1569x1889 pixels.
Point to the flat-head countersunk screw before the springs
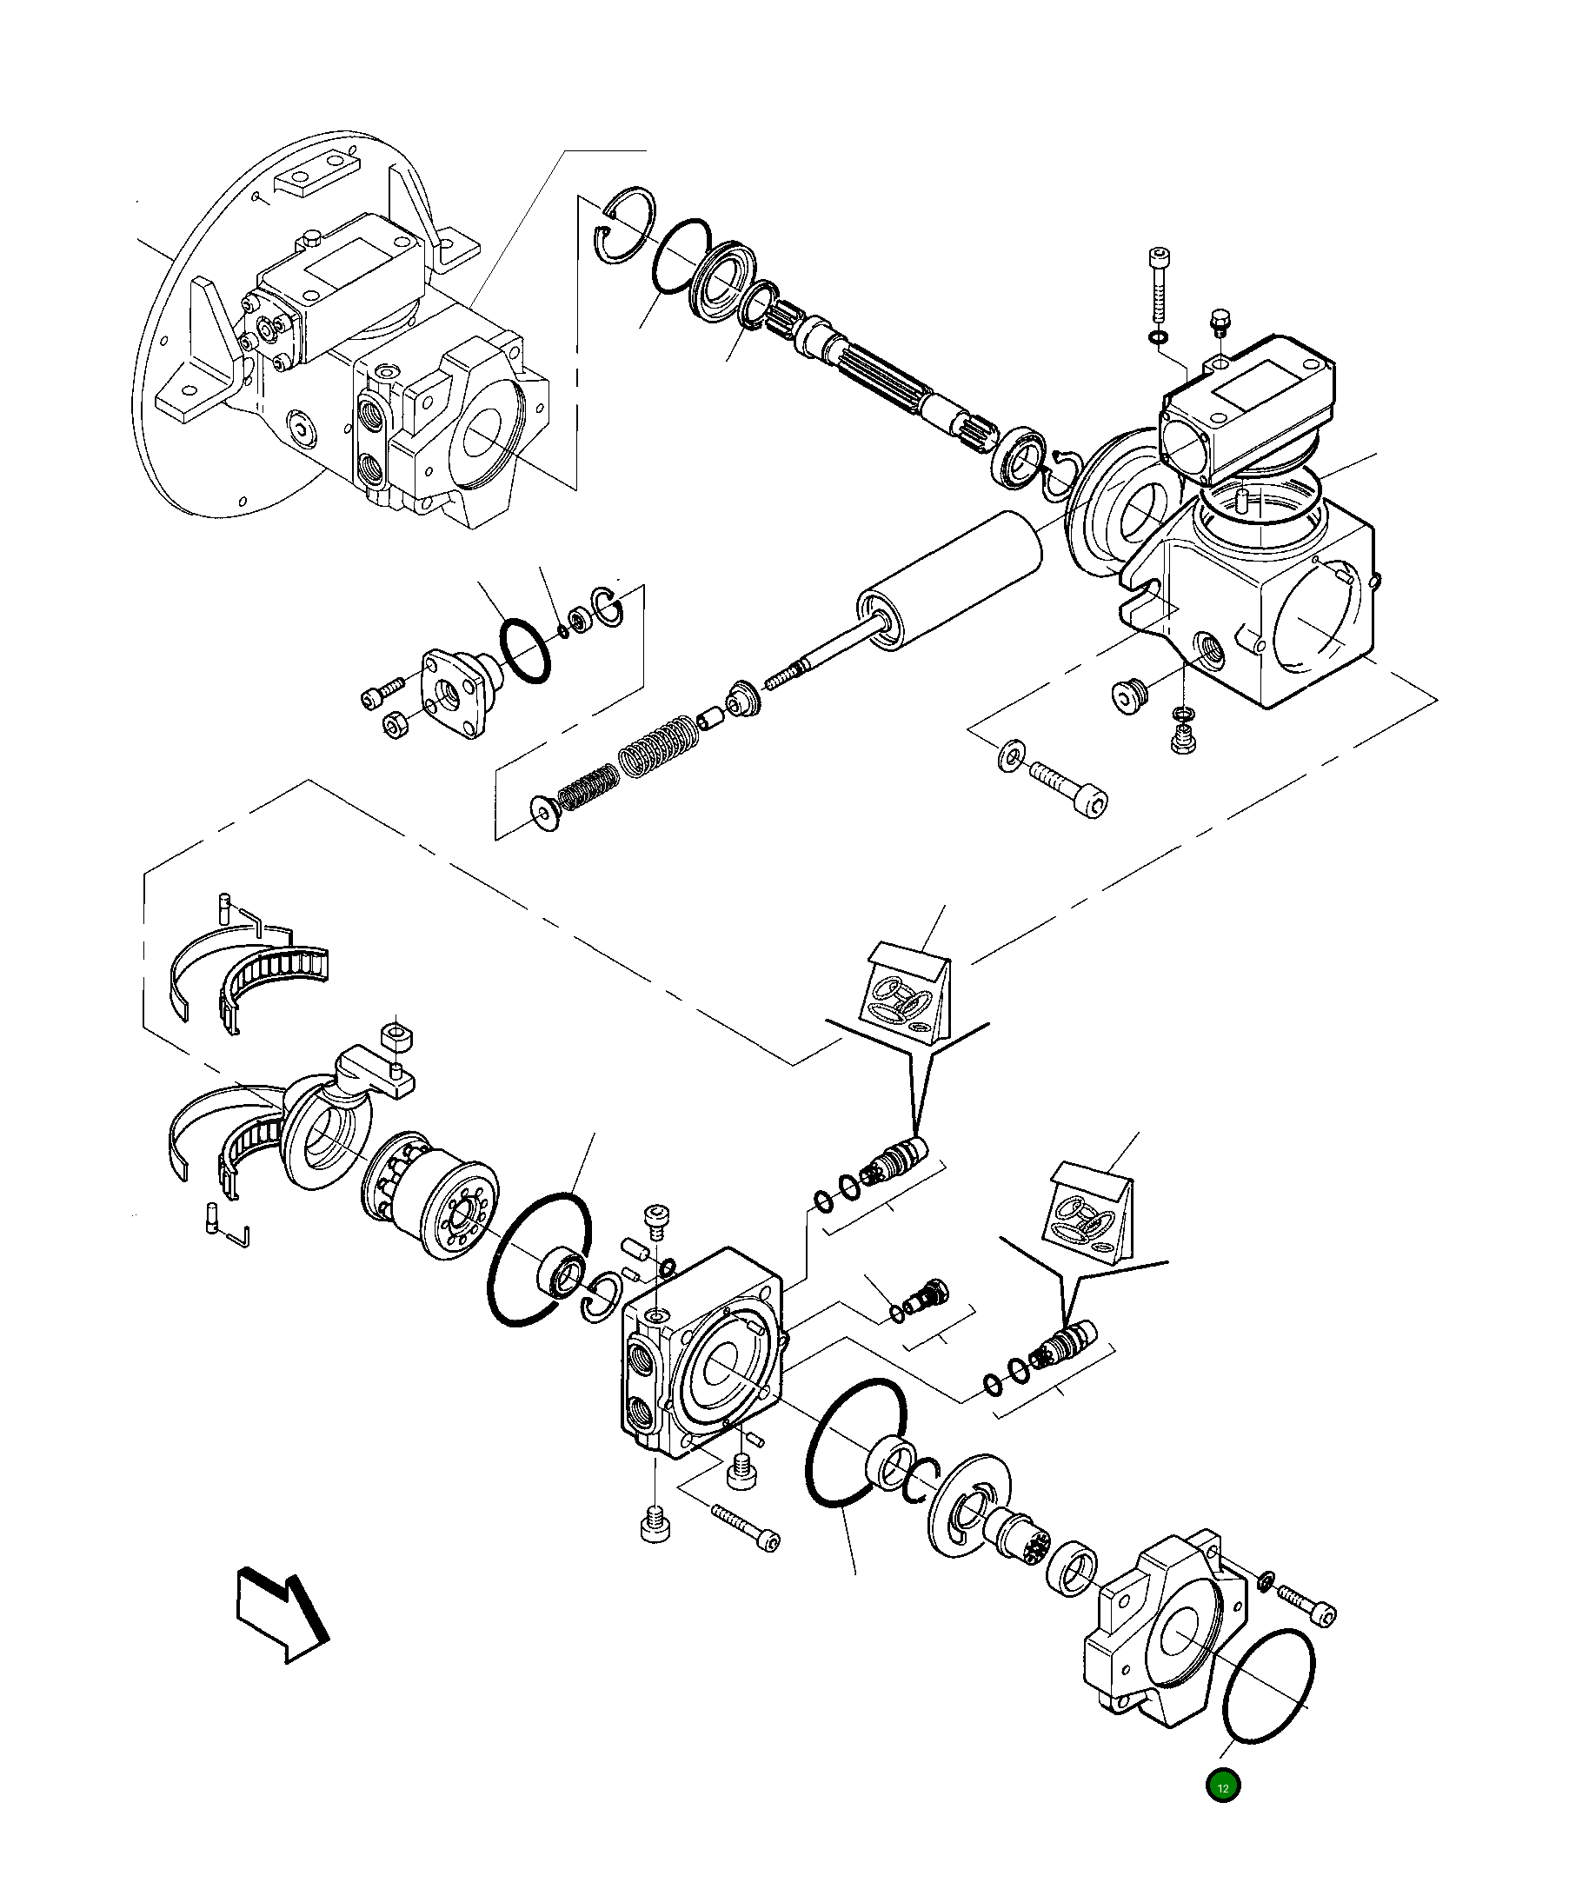click(543, 812)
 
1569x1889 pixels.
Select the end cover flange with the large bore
click(1166, 1636)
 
